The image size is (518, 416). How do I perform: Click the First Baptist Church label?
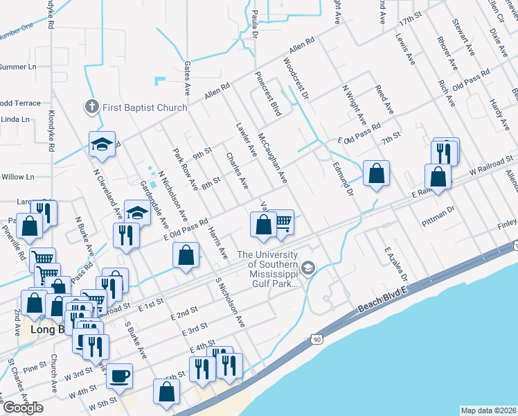click(144, 107)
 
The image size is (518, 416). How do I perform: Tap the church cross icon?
click(91, 107)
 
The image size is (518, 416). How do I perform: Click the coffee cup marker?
click(120, 376)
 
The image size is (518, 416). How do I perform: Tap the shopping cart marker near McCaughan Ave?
click(283, 222)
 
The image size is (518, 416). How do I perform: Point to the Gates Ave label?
click(187, 77)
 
